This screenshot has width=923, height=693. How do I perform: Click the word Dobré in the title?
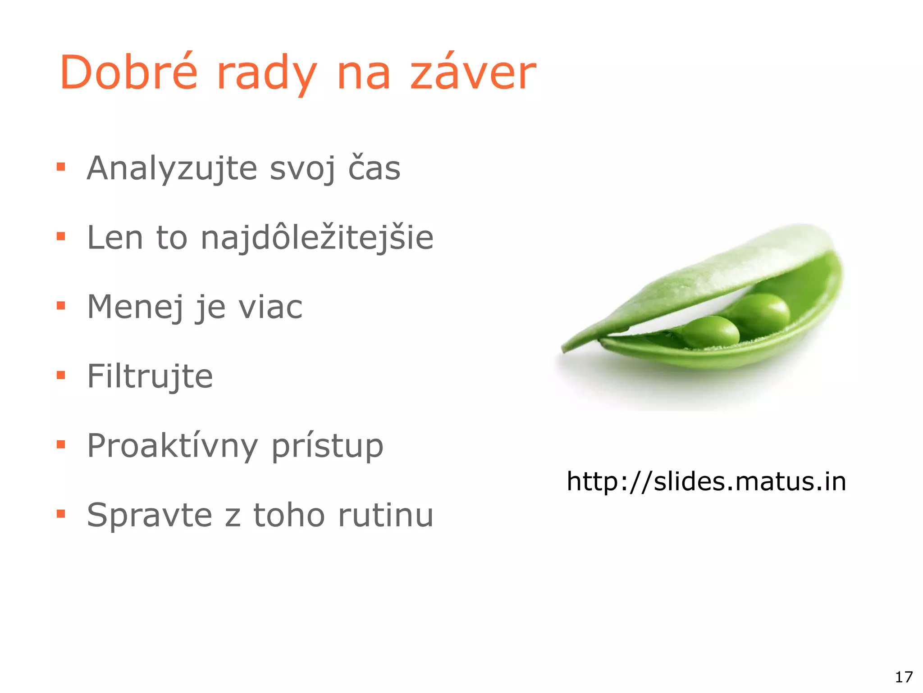click(x=128, y=72)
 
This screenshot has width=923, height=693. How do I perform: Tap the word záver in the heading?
click(x=473, y=72)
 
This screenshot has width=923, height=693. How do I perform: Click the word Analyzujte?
click(x=172, y=168)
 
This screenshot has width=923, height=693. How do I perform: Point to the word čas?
click(x=374, y=168)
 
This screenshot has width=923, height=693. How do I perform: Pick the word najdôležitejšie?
click(x=317, y=237)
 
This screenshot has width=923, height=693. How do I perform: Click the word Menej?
click(x=135, y=307)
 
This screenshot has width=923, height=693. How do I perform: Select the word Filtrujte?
click(x=150, y=376)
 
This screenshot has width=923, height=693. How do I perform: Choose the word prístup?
click(x=327, y=446)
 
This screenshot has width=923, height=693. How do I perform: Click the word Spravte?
click(x=149, y=515)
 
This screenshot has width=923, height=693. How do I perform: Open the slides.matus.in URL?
click(x=706, y=481)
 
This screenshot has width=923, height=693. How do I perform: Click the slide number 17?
click(x=903, y=677)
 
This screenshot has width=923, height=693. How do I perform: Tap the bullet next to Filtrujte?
click(x=61, y=375)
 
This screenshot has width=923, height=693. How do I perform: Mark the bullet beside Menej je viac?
click(x=61, y=306)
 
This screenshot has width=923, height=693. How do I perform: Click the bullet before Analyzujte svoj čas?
click(x=61, y=167)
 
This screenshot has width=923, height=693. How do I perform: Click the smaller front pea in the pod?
click(x=711, y=331)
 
